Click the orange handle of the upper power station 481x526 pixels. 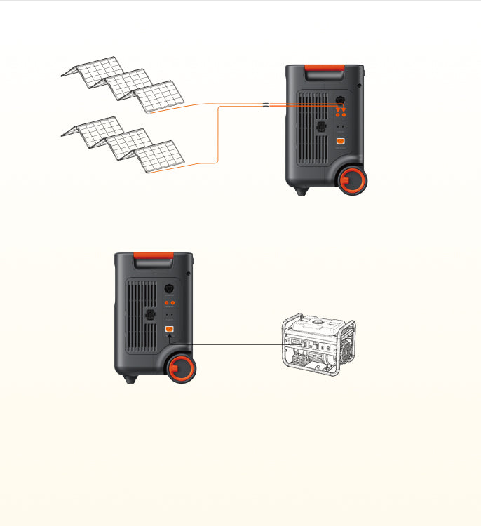coord(324,70)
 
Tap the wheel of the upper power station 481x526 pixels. coord(352,180)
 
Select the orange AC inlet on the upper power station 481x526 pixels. coord(340,142)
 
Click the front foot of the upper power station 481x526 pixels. coord(302,191)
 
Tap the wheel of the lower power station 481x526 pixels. coord(182,368)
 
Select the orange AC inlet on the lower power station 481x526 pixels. coord(169,330)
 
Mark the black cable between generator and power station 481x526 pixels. coord(231,344)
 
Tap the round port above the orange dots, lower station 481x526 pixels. coord(168,288)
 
